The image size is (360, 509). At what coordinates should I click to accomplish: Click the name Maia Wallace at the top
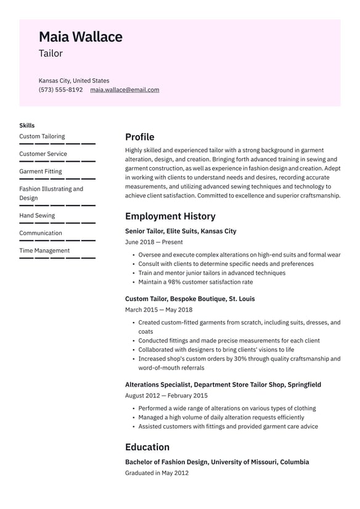pos(80,37)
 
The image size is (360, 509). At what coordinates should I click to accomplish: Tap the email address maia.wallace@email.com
pos(125,89)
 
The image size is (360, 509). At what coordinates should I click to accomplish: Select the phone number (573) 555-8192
pos(60,89)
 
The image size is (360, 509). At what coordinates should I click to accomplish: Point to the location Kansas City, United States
pos(74,80)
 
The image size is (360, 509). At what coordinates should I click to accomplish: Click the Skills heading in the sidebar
pos(27,125)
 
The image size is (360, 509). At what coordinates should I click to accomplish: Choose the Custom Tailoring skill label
pos(42,136)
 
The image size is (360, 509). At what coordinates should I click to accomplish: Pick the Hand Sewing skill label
pos(37,215)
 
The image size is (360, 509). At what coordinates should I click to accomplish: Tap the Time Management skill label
pos(44,250)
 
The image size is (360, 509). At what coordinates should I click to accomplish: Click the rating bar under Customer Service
pos(57,162)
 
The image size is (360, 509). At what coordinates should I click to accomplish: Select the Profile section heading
pos(139,137)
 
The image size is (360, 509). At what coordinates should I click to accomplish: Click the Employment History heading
pos(170,216)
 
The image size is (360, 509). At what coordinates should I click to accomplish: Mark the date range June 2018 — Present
pos(153,242)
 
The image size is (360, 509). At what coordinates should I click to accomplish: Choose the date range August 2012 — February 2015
pos(166,395)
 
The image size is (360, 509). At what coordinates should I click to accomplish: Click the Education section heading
pos(147,447)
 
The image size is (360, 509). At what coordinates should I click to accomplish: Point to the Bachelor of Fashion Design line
pos(217,462)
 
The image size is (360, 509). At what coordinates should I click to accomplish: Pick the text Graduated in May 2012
pos(157,473)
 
